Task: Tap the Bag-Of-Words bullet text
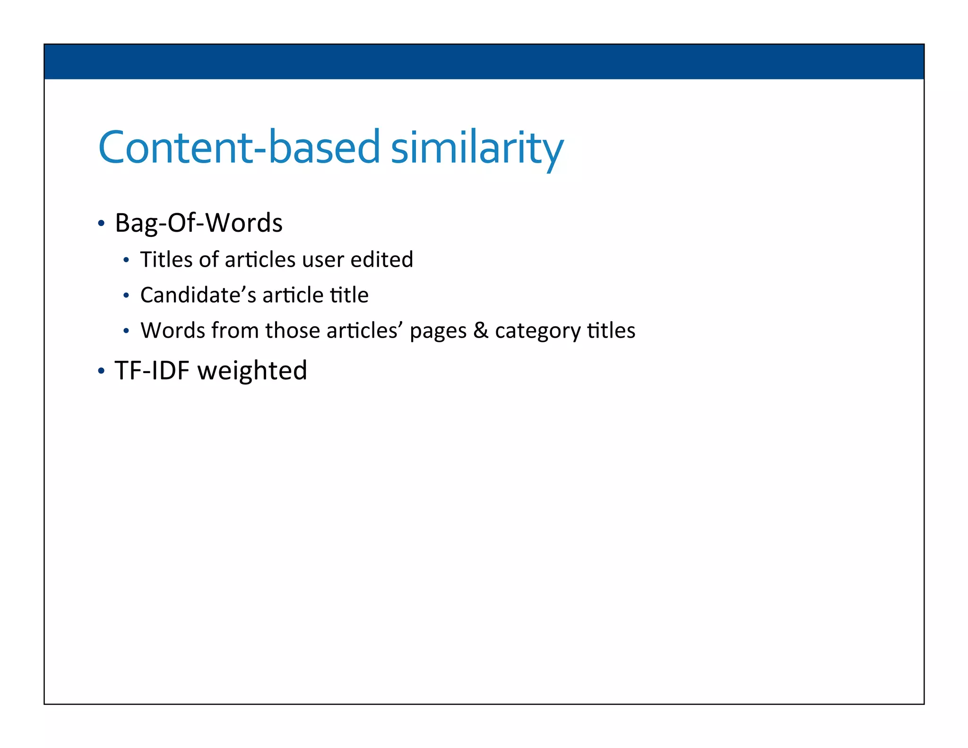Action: point(199,223)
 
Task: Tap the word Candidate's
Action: point(198,295)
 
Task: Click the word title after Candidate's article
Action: point(349,295)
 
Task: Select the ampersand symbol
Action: point(481,330)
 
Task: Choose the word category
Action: point(537,331)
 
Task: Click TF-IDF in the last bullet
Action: point(152,370)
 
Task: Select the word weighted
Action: point(252,371)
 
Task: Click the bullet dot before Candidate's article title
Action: point(126,296)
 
